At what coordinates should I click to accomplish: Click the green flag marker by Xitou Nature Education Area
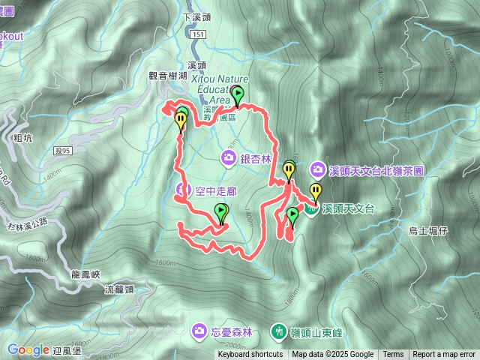238,95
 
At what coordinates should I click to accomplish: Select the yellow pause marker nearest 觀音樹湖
181,119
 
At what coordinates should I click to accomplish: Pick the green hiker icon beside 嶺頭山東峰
278,330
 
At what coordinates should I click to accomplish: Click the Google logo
28,349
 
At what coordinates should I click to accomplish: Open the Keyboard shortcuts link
250,355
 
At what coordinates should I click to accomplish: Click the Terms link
393,355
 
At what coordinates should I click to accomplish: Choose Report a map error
444,355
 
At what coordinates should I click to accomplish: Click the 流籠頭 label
119,289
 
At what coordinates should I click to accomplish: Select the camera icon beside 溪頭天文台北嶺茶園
318,170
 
